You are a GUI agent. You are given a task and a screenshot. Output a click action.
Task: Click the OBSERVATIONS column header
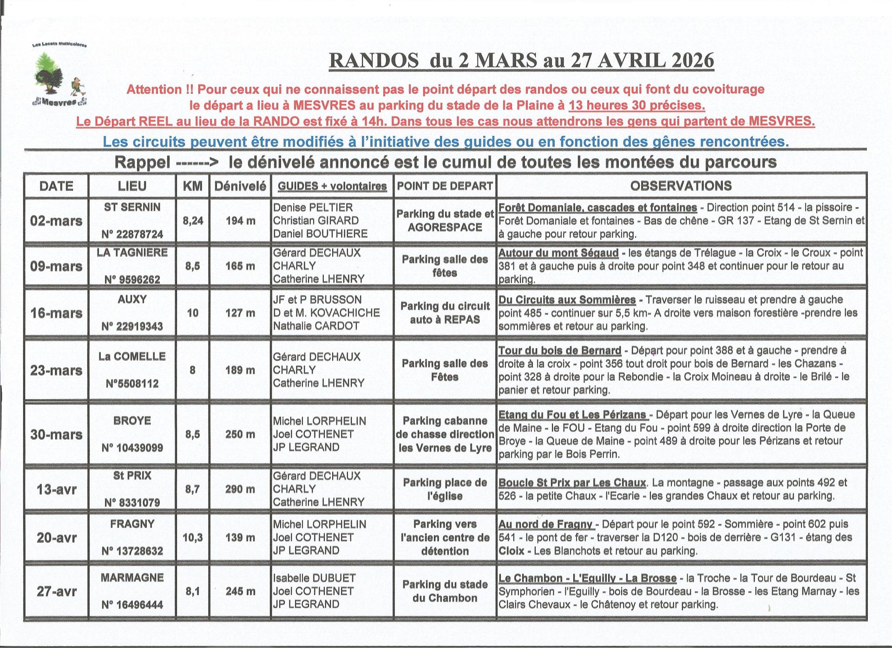[681, 186]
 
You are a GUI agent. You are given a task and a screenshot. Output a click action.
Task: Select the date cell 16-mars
[56, 313]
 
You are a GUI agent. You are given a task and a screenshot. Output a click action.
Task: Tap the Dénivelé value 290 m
[241, 489]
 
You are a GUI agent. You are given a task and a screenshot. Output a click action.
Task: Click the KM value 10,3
[192, 538]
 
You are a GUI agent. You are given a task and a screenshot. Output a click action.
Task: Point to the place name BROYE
[132, 421]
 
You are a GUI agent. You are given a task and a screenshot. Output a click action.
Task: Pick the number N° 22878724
[132, 234]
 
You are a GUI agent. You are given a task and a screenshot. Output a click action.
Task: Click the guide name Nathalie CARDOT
[316, 326]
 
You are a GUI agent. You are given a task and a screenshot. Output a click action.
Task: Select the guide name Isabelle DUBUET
[315, 578]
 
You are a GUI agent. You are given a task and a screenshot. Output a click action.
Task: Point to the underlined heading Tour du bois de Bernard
[559, 350]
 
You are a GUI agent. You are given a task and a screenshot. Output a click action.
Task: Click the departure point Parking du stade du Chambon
[445, 591]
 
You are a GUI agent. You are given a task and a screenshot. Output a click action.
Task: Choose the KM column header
[192, 186]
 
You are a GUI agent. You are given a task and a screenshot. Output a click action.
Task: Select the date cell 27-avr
[56, 591]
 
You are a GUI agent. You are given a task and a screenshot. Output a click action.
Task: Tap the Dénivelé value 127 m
[241, 313]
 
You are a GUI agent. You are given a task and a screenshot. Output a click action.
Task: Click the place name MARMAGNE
[132, 578]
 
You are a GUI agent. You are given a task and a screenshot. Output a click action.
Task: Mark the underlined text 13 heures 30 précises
[636, 106]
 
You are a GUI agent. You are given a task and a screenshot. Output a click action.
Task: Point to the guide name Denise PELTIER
[313, 207]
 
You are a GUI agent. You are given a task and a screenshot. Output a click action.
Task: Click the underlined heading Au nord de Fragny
[546, 525]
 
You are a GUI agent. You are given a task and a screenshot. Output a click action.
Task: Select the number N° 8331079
[132, 503]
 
